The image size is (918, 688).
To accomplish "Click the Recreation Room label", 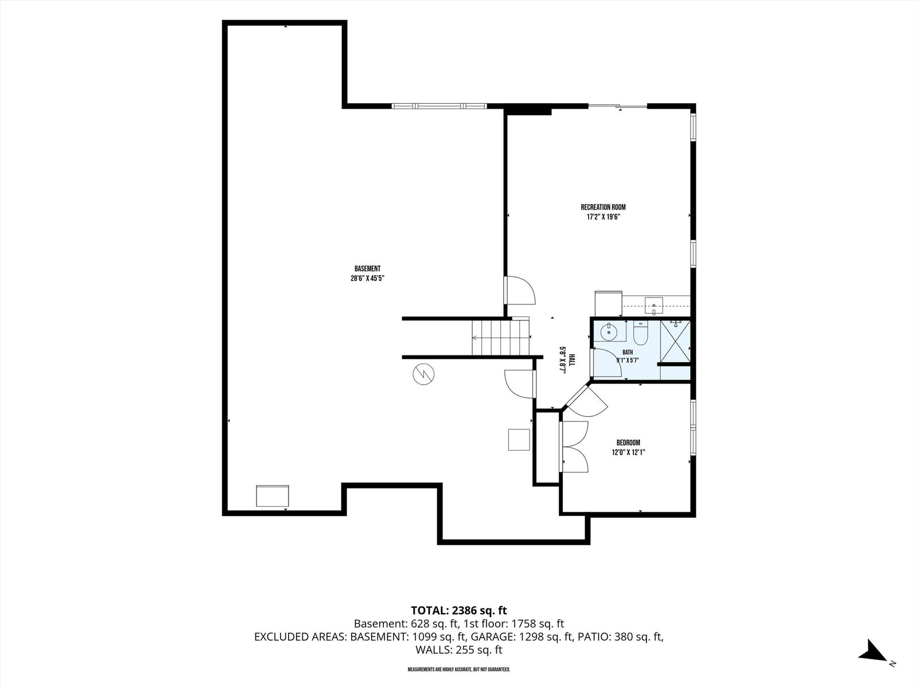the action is click(x=603, y=207).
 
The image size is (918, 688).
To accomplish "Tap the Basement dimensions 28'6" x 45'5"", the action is click(x=367, y=278).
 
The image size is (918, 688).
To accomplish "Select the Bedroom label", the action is click(x=628, y=443).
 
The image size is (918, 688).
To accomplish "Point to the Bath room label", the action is click(x=628, y=353).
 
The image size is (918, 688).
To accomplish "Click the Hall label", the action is click(x=572, y=359).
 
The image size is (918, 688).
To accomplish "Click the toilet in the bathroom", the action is click(x=640, y=332).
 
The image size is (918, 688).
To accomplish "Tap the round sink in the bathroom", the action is click(x=609, y=332).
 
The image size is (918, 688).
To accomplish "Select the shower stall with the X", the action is click(x=675, y=342).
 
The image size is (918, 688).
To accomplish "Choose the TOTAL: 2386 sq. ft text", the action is click(x=459, y=610).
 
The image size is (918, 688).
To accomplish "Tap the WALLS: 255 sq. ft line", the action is click(x=459, y=650).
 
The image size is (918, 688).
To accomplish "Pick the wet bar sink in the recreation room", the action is click(x=654, y=306).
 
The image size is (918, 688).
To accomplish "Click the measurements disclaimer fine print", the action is click(x=459, y=669).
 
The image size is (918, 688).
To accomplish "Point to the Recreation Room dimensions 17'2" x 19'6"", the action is click(x=603, y=217).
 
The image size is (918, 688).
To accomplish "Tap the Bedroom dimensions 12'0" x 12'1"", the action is click(x=628, y=452).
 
